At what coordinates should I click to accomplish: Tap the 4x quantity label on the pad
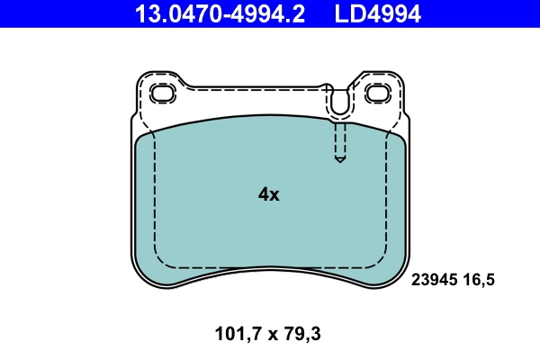click(x=268, y=194)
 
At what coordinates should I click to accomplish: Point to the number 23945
click(x=436, y=280)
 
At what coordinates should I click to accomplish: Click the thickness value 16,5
click(x=479, y=280)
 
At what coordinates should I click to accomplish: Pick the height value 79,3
click(x=301, y=335)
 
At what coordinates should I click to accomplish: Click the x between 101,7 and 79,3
click(x=266, y=336)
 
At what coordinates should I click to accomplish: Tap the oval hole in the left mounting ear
click(x=163, y=94)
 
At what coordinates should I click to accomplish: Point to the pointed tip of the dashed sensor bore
click(x=339, y=160)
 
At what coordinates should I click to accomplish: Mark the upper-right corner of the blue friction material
click(x=399, y=135)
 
